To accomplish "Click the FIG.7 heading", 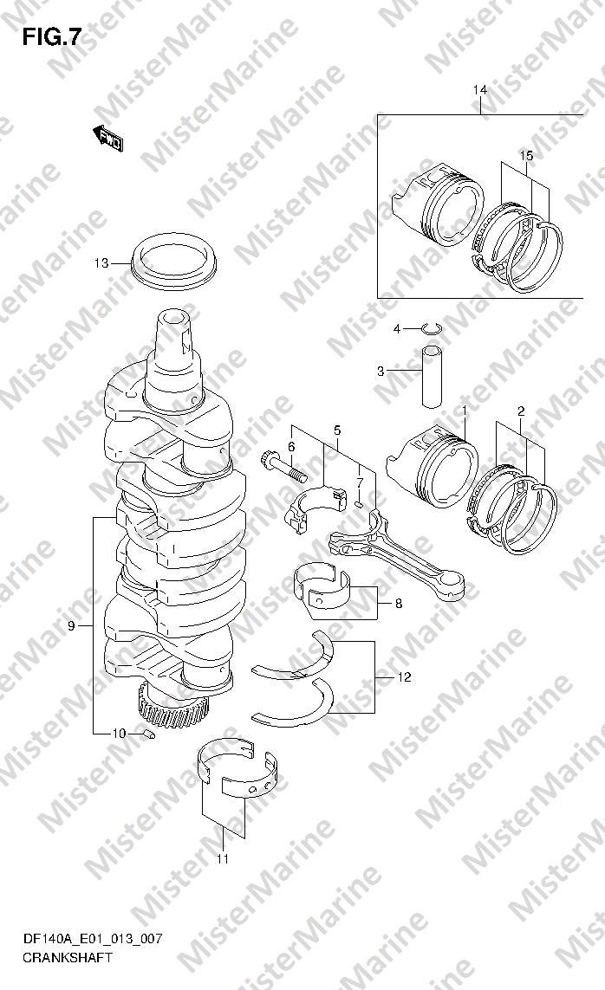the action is point(52,38).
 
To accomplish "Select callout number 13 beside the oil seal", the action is point(101,263).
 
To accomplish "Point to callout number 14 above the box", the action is point(480,90).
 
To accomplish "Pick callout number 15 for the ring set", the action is point(526,155).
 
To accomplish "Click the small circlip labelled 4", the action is point(433,327).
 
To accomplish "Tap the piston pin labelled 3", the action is point(432,377).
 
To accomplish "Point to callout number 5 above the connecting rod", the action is point(337,430).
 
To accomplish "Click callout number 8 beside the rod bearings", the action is point(399,604).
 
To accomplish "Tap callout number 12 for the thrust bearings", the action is point(404,677).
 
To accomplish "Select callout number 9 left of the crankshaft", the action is point(71,625).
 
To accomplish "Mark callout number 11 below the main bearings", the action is point(222,858).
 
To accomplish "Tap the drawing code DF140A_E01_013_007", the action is point(92,939).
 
